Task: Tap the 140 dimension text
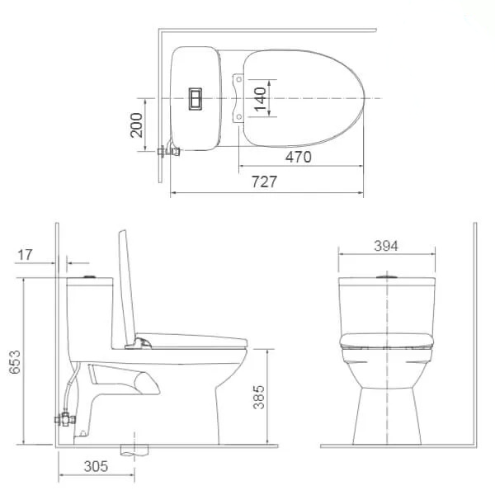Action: point(260,99)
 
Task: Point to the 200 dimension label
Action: point(137,124)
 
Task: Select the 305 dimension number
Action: point(96,466)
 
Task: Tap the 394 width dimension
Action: point(385,245)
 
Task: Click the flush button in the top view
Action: point(197,98)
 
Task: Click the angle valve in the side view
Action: point(64,418)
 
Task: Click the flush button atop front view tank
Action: point(386,276)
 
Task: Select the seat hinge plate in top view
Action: point(240,99)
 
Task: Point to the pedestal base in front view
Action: point(386,412)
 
